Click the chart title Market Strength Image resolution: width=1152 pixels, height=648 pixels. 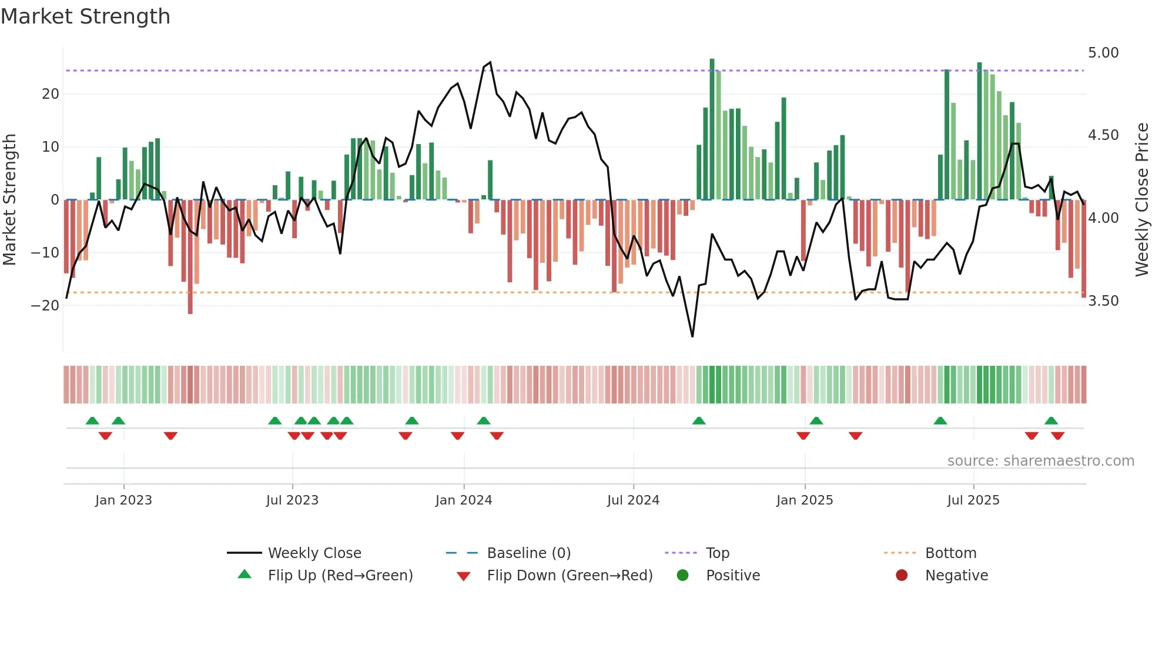tap(85, 16)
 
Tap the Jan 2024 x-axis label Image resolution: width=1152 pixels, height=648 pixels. tap(463, 500)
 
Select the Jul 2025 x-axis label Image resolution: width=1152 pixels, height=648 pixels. tap(973, 500)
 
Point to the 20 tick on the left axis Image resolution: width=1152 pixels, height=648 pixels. tap(51, 94)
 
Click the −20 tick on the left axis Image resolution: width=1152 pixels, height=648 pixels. tap(45, 306)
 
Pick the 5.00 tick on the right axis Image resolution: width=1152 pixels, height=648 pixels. tap(1103, 53)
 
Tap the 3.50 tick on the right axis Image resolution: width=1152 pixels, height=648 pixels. tap(1103, 301)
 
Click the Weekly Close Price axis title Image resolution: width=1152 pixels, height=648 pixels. tap(1141, 199)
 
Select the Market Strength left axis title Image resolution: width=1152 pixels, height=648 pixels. tap(10, 199)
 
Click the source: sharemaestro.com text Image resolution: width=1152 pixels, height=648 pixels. tap(1040, 461)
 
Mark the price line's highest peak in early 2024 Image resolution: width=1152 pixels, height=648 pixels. tap(490, 62)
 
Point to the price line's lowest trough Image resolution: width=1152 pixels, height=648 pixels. tap(692, 336)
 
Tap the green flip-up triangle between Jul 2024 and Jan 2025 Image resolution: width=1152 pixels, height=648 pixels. tap(699, 421)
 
